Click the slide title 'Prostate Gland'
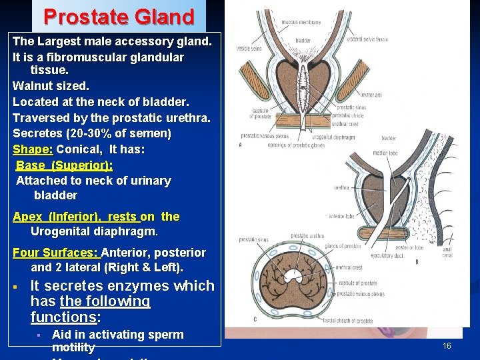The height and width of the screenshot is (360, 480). pos(119,16)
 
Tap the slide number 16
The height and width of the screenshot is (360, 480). pos(447,345)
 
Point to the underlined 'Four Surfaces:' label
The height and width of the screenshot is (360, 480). pos(55,253)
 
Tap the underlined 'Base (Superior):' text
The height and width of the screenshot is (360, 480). pos(64,165)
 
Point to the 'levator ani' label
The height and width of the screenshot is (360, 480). pos(371,96)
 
